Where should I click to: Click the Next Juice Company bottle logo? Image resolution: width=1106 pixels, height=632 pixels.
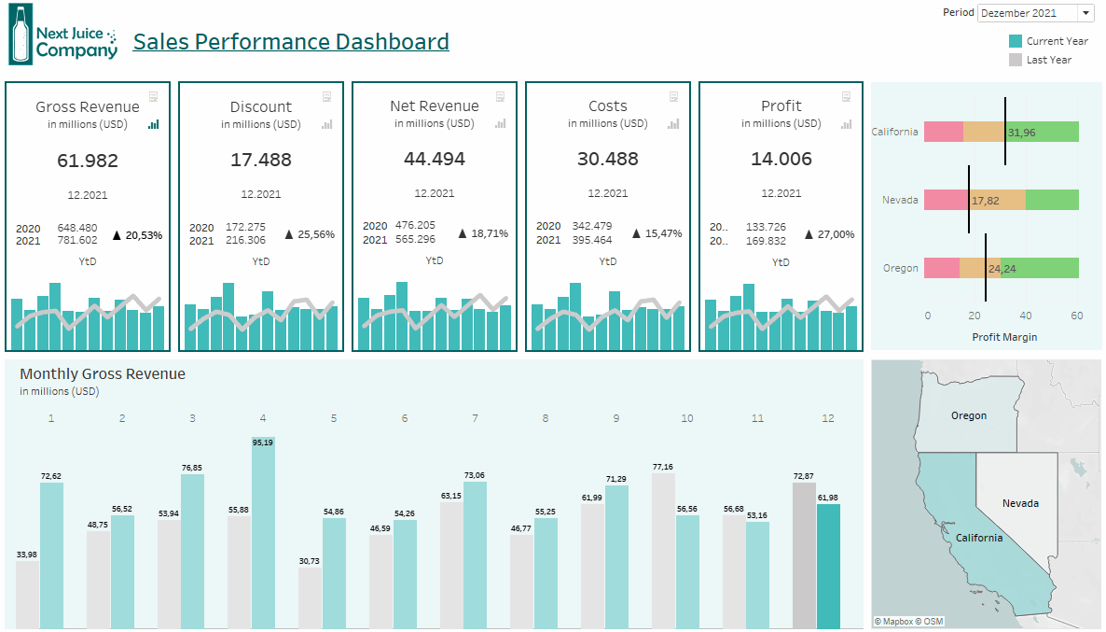tap(20, 35)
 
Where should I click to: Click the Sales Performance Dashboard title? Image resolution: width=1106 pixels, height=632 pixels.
tap(291, 42)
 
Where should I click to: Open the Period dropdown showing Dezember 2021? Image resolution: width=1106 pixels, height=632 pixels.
tap(1035, 13)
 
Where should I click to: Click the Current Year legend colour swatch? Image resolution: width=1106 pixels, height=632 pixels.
tap(1016, 41)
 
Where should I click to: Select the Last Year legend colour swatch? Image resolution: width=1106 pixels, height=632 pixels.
tap(1016, 60)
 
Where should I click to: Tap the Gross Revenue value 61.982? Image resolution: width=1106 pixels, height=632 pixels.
tap(88, 161)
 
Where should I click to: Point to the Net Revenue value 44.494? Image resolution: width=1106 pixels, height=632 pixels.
tap(435, 159)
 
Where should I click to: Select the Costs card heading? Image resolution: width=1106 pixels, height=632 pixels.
tap(608, 106)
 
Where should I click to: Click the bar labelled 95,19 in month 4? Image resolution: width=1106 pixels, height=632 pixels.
tap(263, 532)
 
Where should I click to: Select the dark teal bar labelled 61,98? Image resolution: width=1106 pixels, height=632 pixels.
tap(828, 566)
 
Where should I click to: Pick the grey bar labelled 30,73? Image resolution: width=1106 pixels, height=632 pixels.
tap(310, 597)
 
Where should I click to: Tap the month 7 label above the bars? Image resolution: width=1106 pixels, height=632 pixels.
tap(475, 418)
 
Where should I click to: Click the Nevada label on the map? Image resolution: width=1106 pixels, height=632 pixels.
tap(1020, 503)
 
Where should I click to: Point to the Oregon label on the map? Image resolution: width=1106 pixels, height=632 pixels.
tap(969, 415)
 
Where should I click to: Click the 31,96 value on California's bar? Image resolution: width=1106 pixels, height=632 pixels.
tap(1021, 133)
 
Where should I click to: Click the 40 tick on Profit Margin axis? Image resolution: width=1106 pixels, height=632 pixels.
tap(1026, 316)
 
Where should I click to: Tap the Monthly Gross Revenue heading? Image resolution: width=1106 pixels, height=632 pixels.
tap(103, 374)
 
